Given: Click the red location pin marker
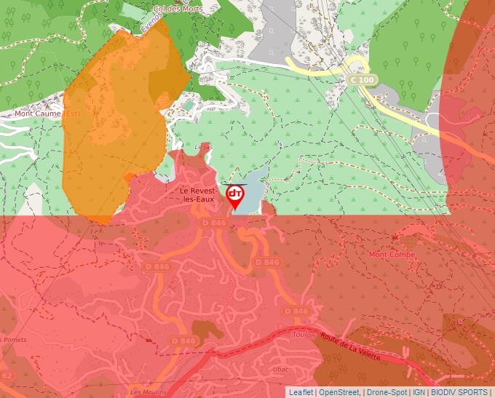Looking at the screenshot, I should [x=235, y=196].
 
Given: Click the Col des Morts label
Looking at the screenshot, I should [x=175, y=8].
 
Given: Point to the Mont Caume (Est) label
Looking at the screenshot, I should [x=47, y=114].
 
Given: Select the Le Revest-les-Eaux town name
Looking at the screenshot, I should [x=199, y=194].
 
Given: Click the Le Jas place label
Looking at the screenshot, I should [x=204, y=147].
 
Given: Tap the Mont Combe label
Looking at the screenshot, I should [x=392, y=255].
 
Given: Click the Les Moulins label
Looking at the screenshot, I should [x=145, y=391].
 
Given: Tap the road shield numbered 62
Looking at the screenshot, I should [x=7, y=375].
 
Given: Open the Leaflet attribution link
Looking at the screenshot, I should [x=301, y=392].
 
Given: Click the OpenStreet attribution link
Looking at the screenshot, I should [x=340, y=392].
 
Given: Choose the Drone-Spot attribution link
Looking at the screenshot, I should [x=387, y=392].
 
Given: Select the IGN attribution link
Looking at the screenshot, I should [x=419, y=392].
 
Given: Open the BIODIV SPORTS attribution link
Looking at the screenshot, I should [x=459, y=392].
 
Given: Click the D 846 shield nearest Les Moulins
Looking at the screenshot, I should [x=183, y=341].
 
